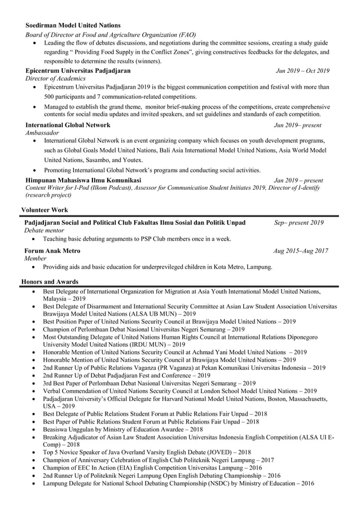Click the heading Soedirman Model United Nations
click(73, 25)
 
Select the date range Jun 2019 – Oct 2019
click(302, 71)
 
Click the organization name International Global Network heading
click(68, 125)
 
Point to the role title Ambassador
click(42, 132)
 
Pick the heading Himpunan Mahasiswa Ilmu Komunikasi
click(83, 180)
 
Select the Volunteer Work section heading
click(44, 209)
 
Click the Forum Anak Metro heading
click(52, 250)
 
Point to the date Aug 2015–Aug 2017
click(300, 250)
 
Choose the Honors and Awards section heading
click(50, 281)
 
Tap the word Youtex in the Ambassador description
click(130, 160)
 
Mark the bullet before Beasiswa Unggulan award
click(36, 430)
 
